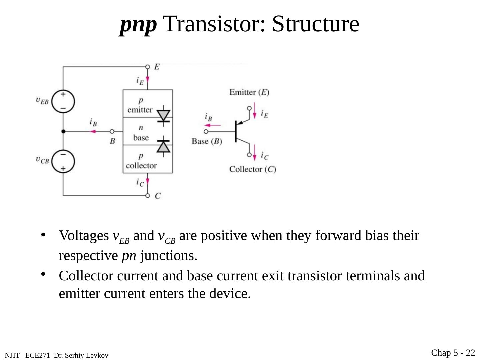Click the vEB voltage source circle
(x=63, y=101)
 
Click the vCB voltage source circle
(x=63, y=162)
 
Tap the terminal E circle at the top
(x=148, y=67)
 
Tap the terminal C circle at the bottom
(x=148, y=195)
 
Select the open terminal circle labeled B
(x=112, y=132)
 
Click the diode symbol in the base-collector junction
(x=163, y=146)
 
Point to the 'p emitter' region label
(x=140, y=105)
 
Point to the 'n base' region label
(x=141, y=133)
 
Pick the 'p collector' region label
(x=141, y=161)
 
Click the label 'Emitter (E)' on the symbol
(x=249, y=92)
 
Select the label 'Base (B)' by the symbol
(x=207, y=141)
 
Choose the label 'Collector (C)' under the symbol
(x=252, y=169)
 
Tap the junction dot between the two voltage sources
(x=63, y=132)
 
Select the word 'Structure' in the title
(x=315, y=24)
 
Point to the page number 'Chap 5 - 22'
(x=453, y=353)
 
